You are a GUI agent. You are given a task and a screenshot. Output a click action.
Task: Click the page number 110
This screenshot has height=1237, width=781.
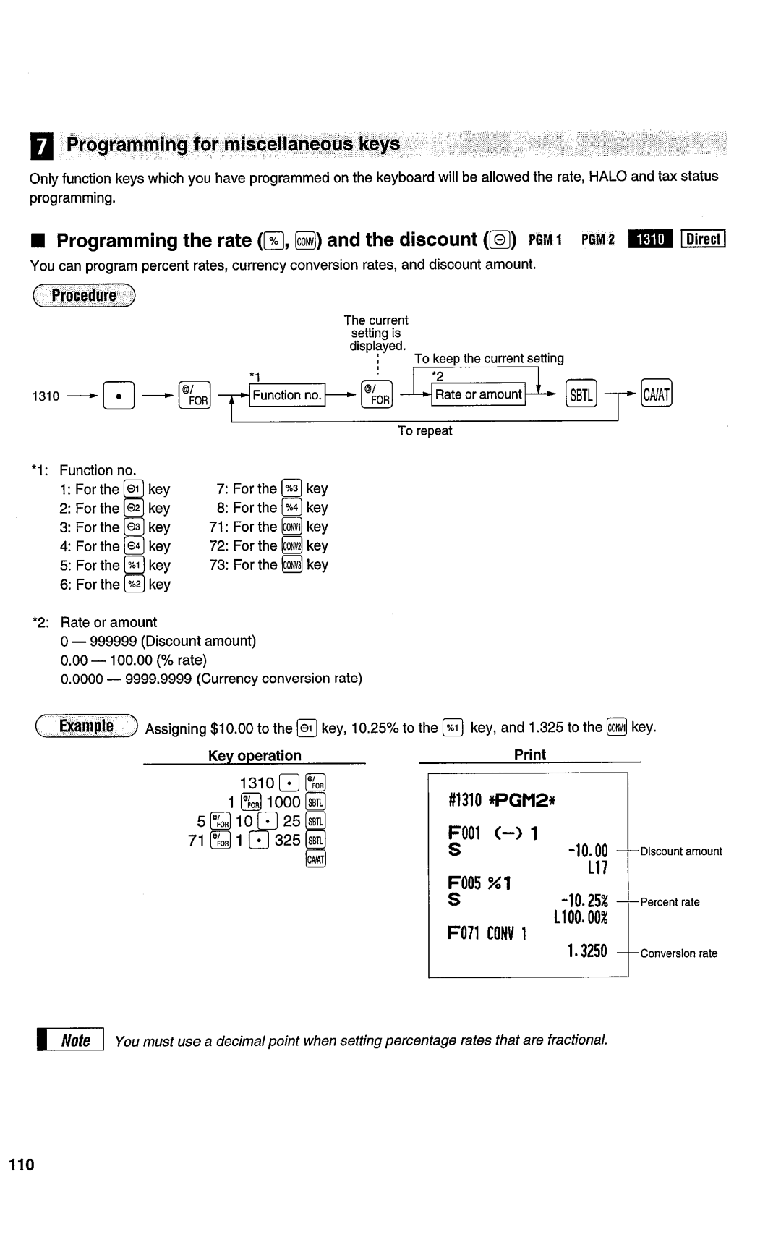click(22, 1165)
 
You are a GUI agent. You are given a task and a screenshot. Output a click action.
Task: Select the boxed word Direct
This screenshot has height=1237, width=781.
click(703, 239)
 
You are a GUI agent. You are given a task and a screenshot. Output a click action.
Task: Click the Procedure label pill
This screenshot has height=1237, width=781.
click(84, 295)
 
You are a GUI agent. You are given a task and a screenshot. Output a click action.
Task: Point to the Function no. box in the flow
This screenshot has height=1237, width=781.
click(287, 395)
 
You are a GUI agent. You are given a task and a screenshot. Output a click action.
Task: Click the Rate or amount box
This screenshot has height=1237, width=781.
click(478, 394)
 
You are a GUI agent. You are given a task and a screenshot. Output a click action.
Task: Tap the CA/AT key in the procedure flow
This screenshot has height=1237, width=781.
click(657, 394)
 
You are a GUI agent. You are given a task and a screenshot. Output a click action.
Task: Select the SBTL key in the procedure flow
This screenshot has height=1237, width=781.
click(581, 394)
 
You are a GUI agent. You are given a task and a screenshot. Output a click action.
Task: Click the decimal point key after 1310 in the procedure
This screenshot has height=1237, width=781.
click(119, 396)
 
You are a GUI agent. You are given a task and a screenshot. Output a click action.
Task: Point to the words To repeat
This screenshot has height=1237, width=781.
click(424, 431)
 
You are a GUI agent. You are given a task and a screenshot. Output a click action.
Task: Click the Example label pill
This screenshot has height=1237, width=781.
click(86, 726)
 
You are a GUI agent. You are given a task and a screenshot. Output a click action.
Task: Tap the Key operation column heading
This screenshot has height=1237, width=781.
click(255, 755)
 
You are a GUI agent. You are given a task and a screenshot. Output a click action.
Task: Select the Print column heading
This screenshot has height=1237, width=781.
click(530, 754)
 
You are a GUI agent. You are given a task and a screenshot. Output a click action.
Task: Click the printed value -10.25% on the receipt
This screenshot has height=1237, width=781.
click(585, 901)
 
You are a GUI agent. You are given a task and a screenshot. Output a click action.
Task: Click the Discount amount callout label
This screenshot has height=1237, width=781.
click(681, 851)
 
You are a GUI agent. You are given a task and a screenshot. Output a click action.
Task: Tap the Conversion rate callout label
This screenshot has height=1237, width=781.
click(678, 953)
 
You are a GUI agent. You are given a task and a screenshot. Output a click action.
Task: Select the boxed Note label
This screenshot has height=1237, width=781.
click(75, 1041)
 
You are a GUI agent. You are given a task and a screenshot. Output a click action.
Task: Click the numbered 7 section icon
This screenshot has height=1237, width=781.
click(42, 147)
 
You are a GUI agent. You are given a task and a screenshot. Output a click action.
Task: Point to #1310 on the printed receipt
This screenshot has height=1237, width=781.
click(464, 799)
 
